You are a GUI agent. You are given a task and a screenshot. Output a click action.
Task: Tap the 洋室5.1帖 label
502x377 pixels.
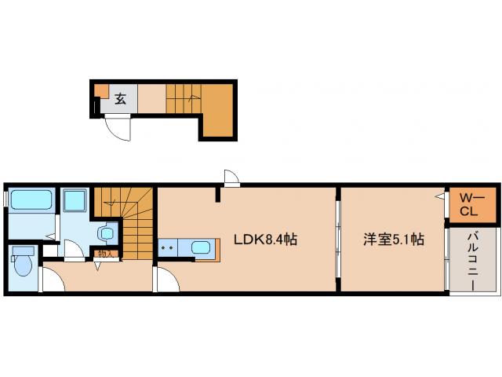pos(393,240)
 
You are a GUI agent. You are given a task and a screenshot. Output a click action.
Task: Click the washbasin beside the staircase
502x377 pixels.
pos(106,234)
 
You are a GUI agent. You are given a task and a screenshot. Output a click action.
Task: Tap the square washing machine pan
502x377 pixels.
pos(76,202)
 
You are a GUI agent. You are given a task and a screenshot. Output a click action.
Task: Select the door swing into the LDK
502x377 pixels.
pos(166,278)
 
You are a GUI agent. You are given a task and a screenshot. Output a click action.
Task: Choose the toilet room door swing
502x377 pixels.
pos(52,278)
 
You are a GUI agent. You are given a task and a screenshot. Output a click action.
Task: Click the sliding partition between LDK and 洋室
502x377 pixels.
pos(337,240)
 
